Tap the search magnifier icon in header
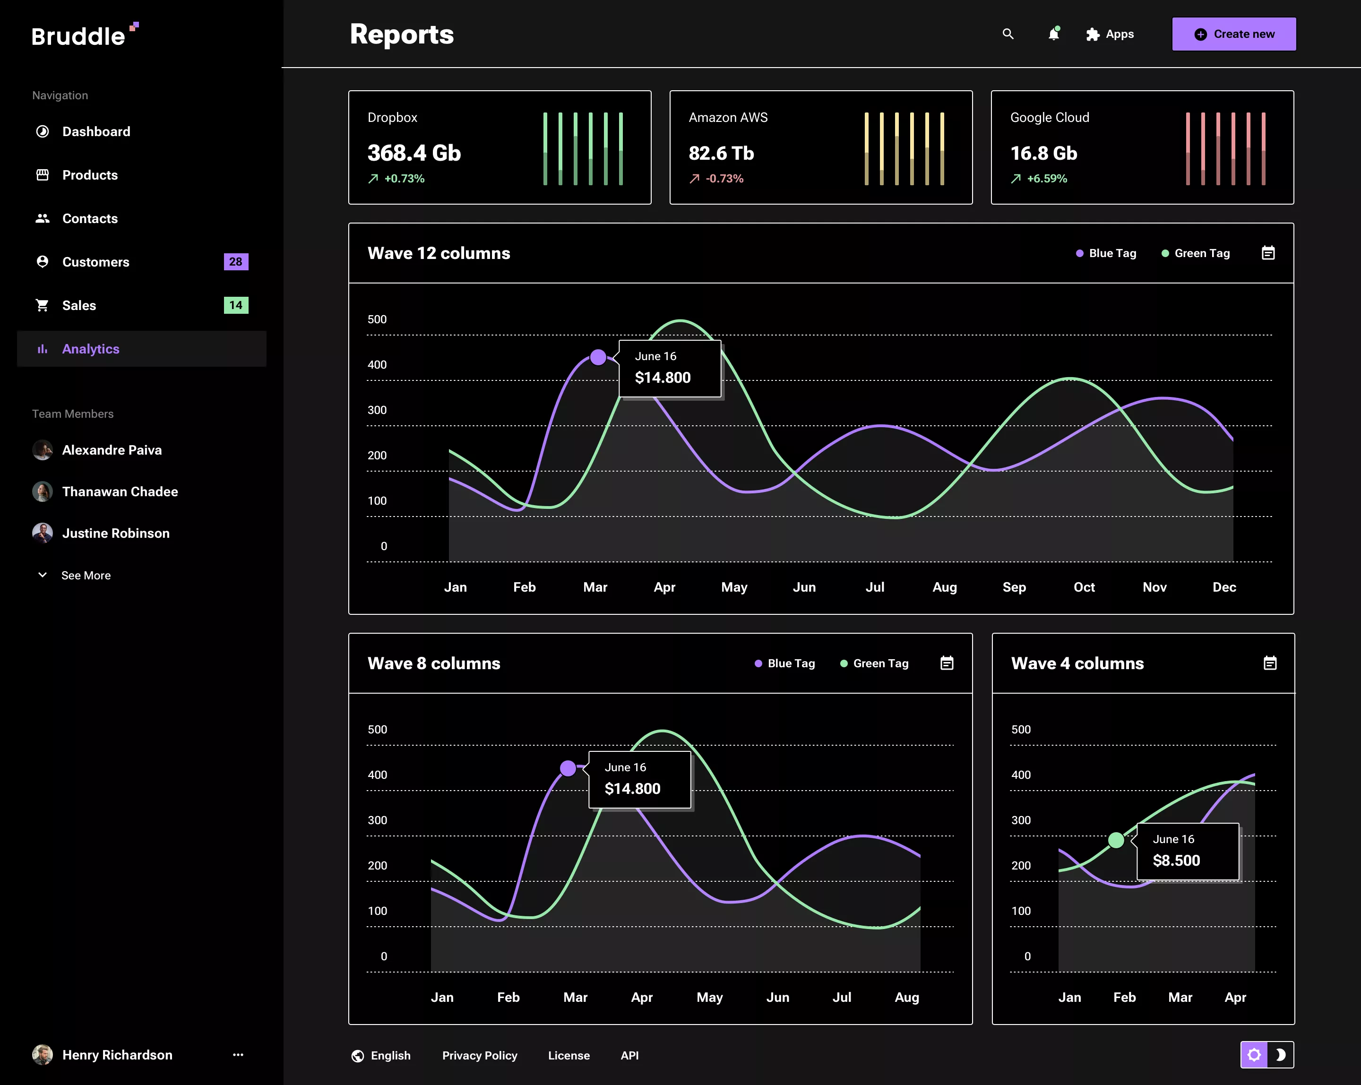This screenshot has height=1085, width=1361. pyautogui.click(x=1008, y=34)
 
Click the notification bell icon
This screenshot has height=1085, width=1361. pyautogui.click(x=1053, y=34)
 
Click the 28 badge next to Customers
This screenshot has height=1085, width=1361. pyautogui.click(x=235, y=262)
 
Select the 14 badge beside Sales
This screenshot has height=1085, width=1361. pyautogui.click(x=235, y=305)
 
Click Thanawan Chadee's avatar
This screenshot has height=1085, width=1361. pyautogui.click(x=42, y=491)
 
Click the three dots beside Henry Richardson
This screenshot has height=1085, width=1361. pyautogui.click(x=238, y=1055)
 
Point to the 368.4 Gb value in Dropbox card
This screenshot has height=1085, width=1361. pyautogui.click(x=414, y=154)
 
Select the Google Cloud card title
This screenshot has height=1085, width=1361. pyautogui.click(x=1049, y=117)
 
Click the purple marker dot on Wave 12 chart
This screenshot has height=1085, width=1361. pyautogui.click(x=598, y=358)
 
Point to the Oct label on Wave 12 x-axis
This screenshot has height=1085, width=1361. pyautogui.click(x=1084, y=587)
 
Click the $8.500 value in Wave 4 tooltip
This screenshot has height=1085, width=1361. pyautogui.click(x=1176, y=861)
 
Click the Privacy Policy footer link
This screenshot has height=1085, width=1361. pyautogui.click(x=479, y=1055)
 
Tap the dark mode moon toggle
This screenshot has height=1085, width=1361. pyautogui.click(x=1281, y=1055)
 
